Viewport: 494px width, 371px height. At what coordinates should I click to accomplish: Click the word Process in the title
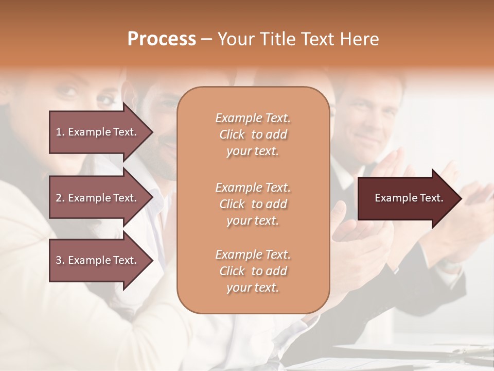(162, 39)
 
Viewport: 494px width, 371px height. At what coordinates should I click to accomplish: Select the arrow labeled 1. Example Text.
(98, 132)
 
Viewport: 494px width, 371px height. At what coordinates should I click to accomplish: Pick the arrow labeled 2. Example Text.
(98, 198)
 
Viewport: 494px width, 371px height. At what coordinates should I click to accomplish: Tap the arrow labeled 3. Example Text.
(98, 260)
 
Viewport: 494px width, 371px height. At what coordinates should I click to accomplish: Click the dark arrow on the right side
(407, 198)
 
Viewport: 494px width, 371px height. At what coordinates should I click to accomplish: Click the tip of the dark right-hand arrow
(461, 198)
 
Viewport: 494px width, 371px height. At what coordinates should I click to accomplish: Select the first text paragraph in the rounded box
(253, 134)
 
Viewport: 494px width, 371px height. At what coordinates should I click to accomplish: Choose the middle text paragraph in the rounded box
(253, 204)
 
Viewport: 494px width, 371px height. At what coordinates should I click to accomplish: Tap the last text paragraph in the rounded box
(253, 271)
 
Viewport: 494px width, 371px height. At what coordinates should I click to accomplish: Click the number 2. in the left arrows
(60, 198)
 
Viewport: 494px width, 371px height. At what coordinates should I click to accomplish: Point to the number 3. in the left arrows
(60, 260)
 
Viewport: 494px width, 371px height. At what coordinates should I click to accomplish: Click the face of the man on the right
(370, 121)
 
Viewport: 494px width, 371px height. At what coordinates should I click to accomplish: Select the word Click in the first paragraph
(232, 134)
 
